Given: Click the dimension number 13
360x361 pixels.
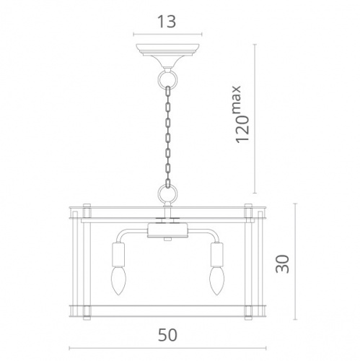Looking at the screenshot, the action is (x=167, y=22).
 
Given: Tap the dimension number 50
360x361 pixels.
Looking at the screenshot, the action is (x=167, y=335).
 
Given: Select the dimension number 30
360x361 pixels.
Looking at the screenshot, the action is (x=282, y=264).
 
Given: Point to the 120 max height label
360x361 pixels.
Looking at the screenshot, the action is (x=242, y=114).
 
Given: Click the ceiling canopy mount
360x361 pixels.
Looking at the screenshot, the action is (x=167, y=56).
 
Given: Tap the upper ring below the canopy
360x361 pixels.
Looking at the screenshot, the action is (x=167, y=78).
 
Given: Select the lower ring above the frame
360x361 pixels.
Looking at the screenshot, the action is (x=167, y=193).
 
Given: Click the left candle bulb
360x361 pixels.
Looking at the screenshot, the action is (x=118, y=280).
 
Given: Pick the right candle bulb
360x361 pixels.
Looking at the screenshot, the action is (x=216, y=280).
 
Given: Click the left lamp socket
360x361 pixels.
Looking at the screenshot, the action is (x=118, y=254).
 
